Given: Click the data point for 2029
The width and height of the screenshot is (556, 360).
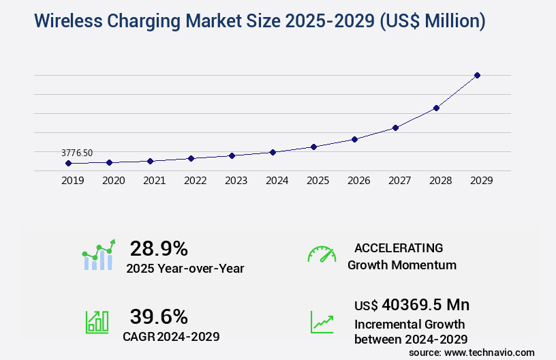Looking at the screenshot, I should click(x=477, y=75).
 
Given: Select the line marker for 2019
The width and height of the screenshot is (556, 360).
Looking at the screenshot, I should click(x=68, y=164).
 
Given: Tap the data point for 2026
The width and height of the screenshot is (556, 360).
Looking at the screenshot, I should click(x=354, y=139).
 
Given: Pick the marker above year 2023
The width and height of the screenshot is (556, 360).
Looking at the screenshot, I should click(x=232, y=155).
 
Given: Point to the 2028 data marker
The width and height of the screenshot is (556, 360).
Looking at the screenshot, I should click(x=436, y=108).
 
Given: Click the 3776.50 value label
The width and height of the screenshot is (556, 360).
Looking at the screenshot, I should click(x=77, y=153).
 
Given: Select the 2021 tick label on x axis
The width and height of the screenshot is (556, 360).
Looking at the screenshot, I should click(x=154, y=181).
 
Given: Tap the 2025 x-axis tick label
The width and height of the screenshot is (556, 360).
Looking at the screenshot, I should click(x=318, y=181).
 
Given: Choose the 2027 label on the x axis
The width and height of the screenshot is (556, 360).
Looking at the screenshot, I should click(x=399, y=181).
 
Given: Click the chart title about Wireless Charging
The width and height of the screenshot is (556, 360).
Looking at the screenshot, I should click(x=259, y=21).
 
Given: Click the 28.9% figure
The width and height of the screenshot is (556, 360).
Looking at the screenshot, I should click(x=159, y=248).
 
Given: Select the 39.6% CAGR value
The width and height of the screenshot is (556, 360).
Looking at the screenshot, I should click(x=159, y=316).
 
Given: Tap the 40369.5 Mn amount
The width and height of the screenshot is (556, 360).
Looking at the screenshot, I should click(x=412, y=304).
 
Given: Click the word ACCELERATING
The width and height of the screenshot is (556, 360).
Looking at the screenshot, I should click(x=399, y=248).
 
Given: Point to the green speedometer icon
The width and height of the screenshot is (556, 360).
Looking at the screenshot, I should click(x=322, y=254).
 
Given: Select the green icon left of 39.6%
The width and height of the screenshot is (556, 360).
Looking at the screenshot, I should click(x=97, y=322).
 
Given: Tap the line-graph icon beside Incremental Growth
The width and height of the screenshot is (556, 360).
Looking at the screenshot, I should click(x=322, y=322).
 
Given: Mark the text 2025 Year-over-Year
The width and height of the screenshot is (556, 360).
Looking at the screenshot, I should click(x=185, y=269).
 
